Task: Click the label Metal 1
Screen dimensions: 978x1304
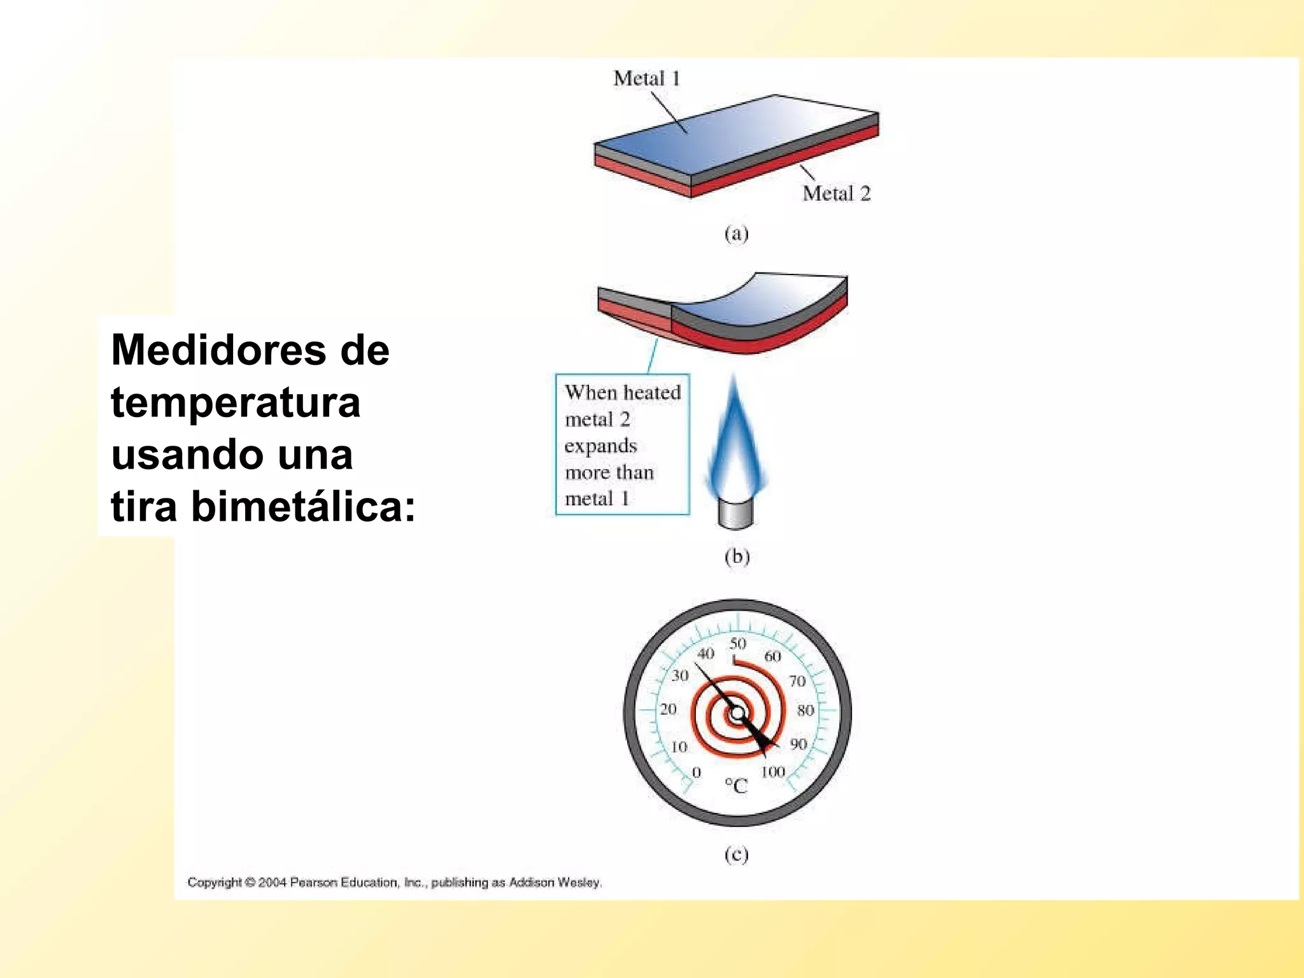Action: (x=646, y=78)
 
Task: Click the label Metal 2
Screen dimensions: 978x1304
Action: (x=836, y=193)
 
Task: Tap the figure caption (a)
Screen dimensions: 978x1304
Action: (x=737, y=234)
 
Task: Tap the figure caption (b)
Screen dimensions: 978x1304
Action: (x=737, y=556)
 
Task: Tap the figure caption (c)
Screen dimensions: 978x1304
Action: (x=737, y=854)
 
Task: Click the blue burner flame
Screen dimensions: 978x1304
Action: (x=735, y=446)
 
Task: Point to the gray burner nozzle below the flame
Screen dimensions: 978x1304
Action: (x=735, y=513)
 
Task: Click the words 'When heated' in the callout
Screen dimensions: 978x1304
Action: (x=623, y=392)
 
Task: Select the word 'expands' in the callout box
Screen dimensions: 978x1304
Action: (x=600, y=446)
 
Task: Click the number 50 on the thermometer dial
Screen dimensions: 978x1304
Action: (x=738, y=643)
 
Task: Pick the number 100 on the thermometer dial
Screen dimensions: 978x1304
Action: (x=773, y=772)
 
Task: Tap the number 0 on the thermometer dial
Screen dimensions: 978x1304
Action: (x=697, y=772)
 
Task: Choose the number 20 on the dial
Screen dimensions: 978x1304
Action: (x=668, y=709)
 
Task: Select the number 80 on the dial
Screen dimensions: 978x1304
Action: (x=805, y=709)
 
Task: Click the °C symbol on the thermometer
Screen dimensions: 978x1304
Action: (x=736, y=786)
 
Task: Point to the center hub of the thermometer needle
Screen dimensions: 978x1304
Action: (x=737, y=713)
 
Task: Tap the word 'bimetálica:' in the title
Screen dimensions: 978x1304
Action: (x=303, y=507)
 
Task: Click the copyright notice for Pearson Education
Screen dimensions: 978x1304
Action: (x=394, y=882)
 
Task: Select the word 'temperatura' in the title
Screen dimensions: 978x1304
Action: (x=236, y=402)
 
